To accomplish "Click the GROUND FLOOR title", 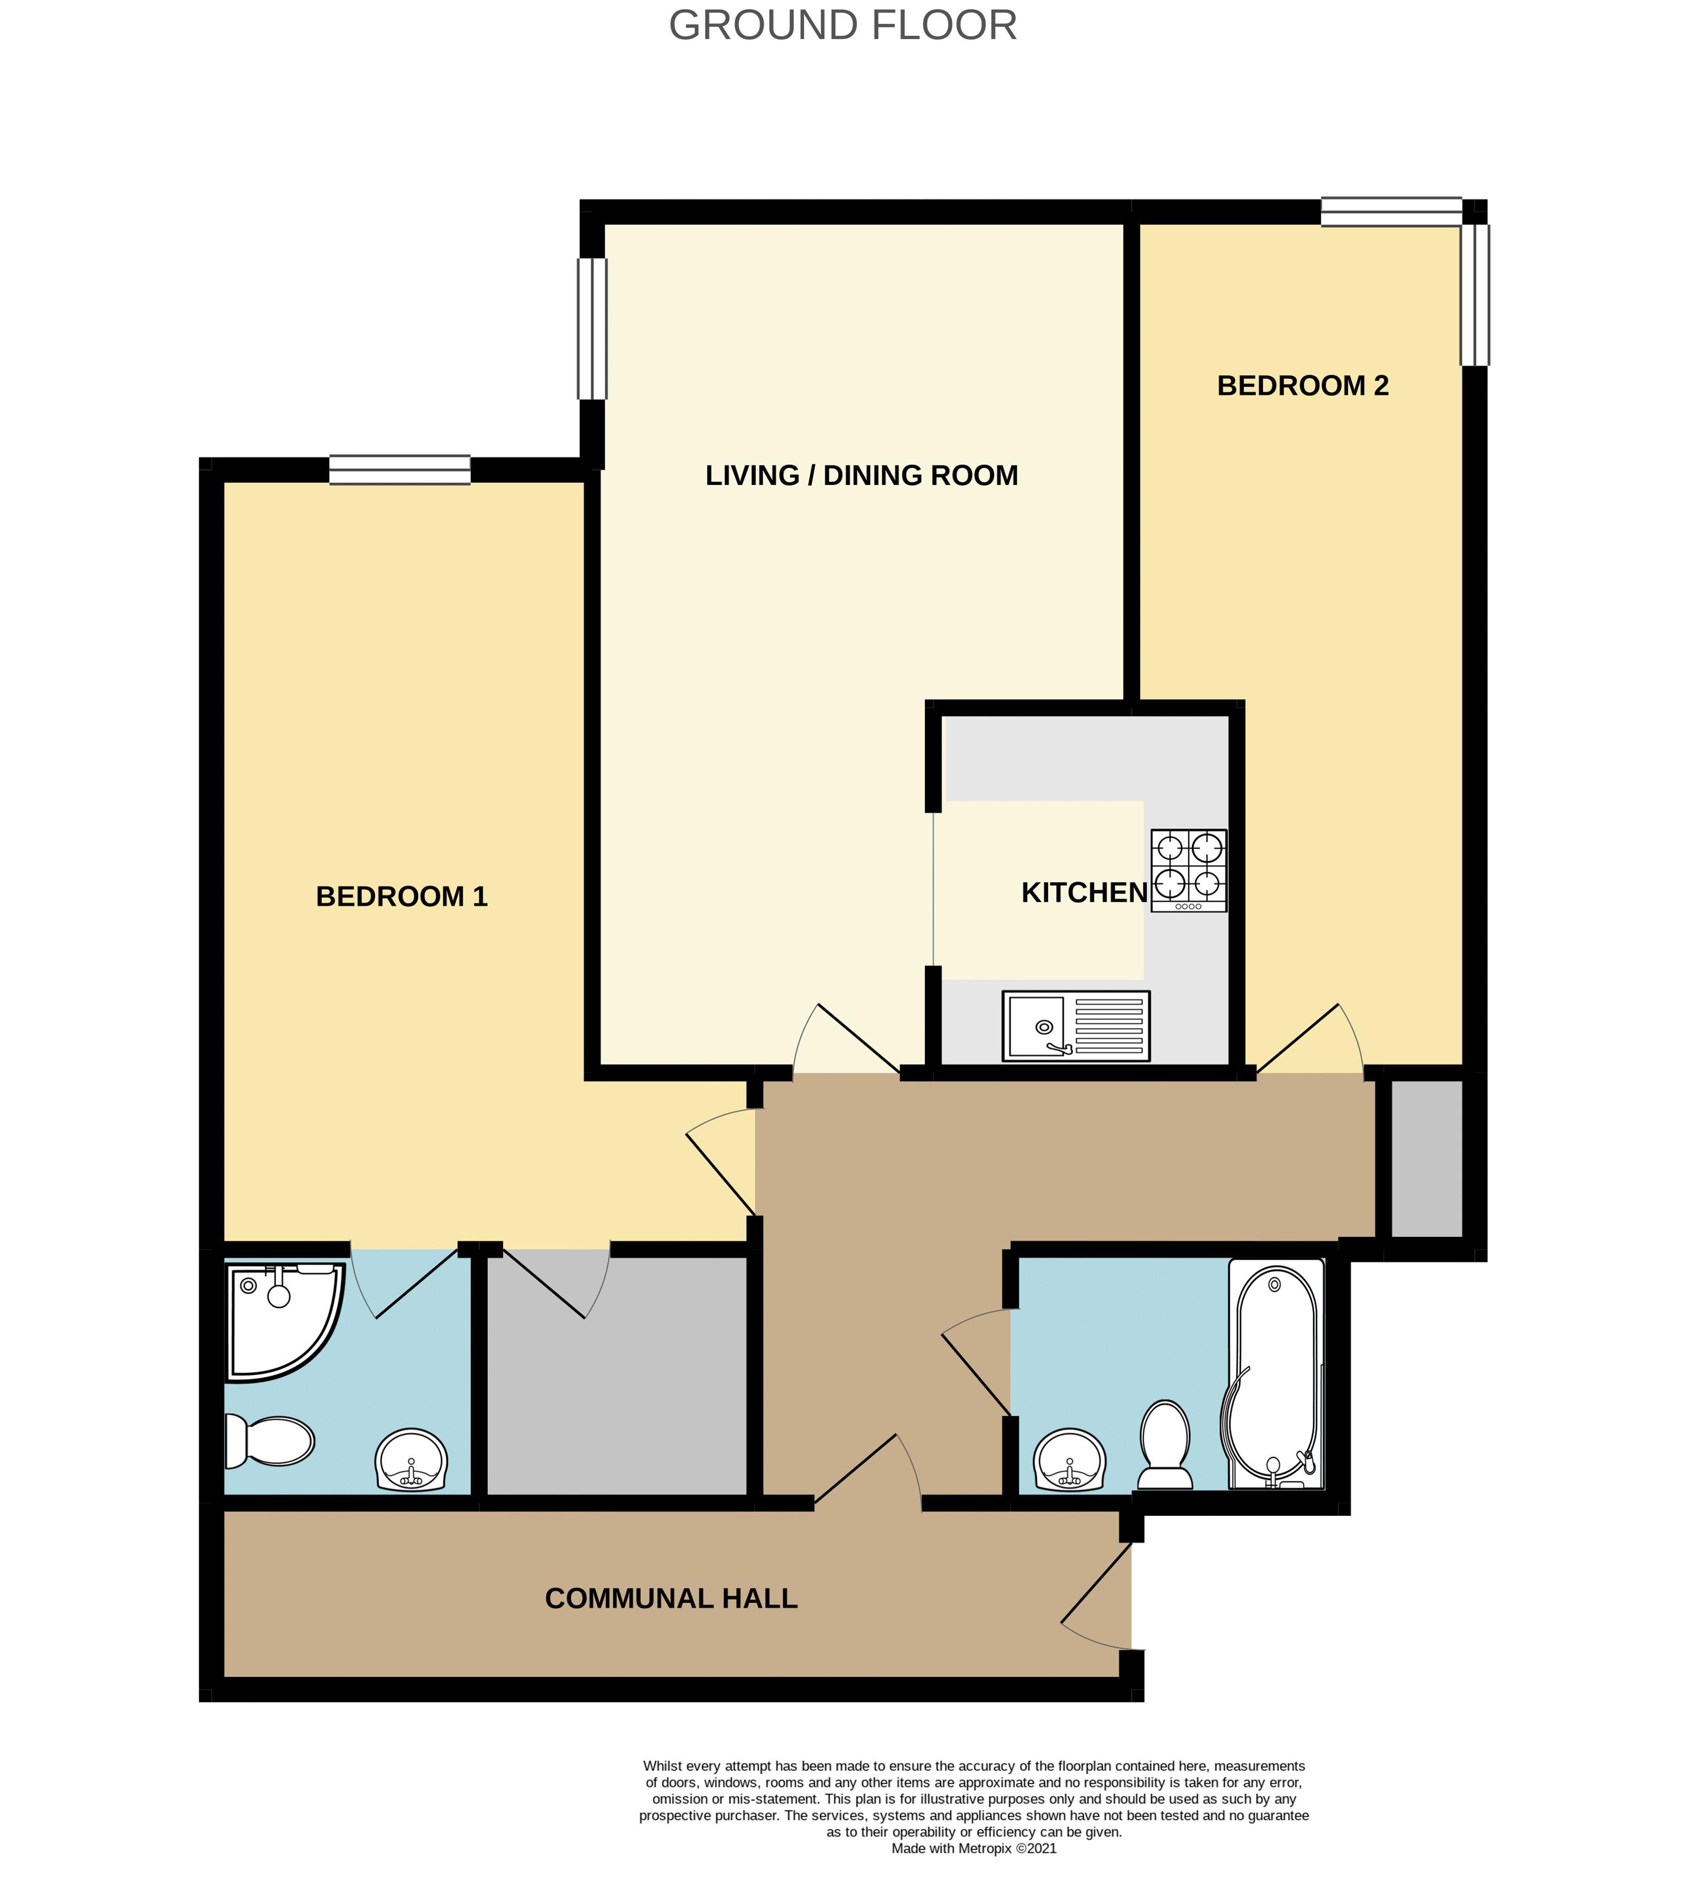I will click(x=842, y=26).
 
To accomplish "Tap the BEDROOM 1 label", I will click(x=402, y=897).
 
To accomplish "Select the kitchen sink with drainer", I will click(x=1075, y=1026).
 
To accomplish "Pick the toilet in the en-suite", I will click(x=270, y=1441).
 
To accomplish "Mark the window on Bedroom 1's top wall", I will click(x=400, y=470).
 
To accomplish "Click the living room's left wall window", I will click(x=592, y=328).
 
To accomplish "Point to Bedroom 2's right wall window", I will click(x=1474, y=295).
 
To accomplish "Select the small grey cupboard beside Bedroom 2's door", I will click(x=1426, y=1158).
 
